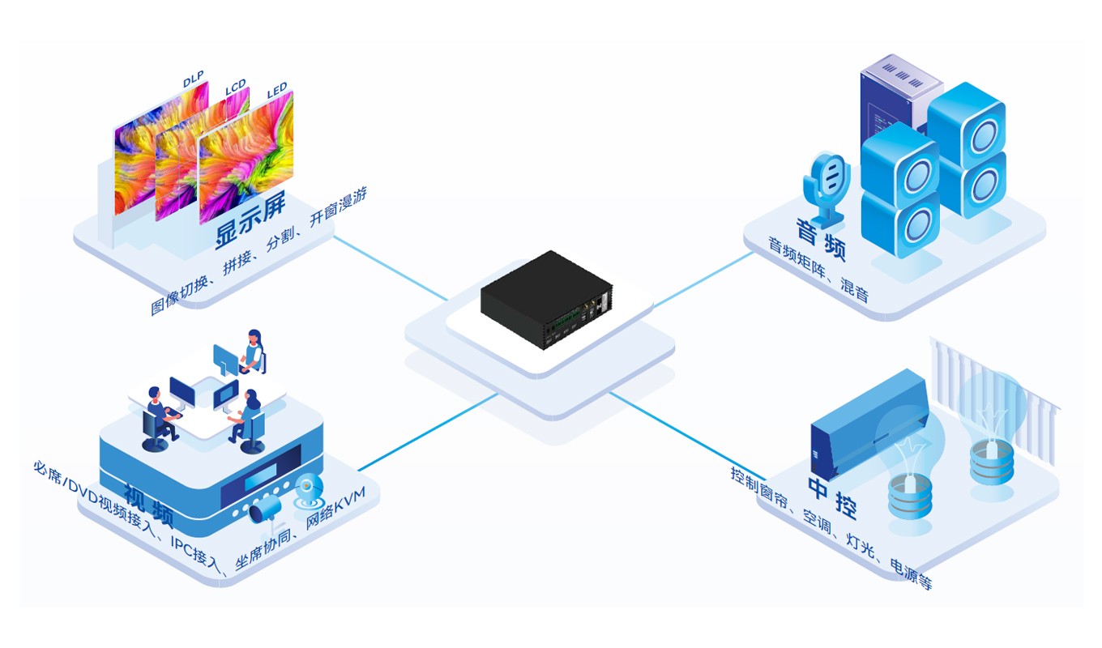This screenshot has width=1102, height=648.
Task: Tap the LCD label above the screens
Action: pos(236,87)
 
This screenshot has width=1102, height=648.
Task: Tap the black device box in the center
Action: pos(545,300)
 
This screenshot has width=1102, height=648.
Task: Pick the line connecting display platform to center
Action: pos(389,268)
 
